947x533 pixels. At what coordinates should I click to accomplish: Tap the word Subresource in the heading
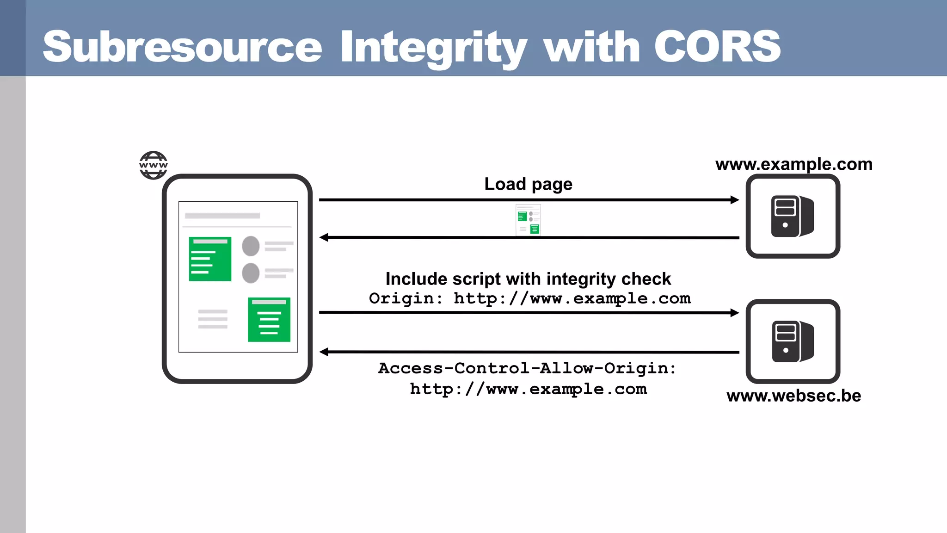pyautogui.click(x=182, y=46)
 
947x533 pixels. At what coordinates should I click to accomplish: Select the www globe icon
pyautogui.click(x=153, y=165)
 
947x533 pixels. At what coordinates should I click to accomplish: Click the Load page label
pyautogui.click(x=528, y=184)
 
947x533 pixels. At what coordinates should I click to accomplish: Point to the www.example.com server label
pyautogui.click(x=793, y=164)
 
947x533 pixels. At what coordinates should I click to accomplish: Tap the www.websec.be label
pyautogui.click(x=793, y=396)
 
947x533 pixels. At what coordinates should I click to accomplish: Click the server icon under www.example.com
pyautogui.click(x=793, y=216)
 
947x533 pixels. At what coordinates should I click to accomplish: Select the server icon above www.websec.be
pyautogui.click(x=793, y=341)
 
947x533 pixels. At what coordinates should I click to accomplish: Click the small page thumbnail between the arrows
pyautogui.click(x=528, y=220)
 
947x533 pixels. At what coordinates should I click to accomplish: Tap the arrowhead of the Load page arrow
pyautogui.click(x=735, y=200)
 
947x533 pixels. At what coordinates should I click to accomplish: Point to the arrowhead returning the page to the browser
pyautogui.click(x=324, y=237)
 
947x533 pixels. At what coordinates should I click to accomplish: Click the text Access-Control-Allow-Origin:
pyautogui.click(x=527, y=368)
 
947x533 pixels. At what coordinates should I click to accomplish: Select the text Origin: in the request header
pyautogui.click(x=401, y=298)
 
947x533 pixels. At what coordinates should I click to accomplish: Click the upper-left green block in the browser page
pyautogui.click(x=210, y=259)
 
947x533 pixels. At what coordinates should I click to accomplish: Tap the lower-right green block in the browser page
pyautogui.click(x=269, y=320)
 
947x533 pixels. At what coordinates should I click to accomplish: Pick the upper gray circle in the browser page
pyautogui.click(x=251, y=246)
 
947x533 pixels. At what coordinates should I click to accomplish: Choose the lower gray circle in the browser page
pyautogui.click(x=251, y=273)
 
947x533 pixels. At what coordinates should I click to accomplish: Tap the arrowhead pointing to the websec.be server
pyautogui.click(x=735, y=313)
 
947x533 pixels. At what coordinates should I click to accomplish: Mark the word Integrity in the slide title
pyautogui.click(x=433, y=47)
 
